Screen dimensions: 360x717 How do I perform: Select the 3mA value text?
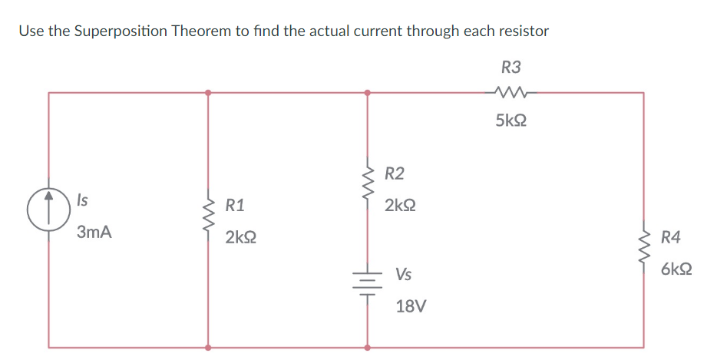[x=94, y=233]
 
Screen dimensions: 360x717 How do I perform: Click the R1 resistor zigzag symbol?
[x=207, y=220]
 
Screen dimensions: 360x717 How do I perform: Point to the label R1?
[x=235, y=205]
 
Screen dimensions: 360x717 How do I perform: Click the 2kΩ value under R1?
[x=241, y=238]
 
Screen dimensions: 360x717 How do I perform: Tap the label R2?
[x=394, y=173]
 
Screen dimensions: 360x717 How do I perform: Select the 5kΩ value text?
[x=510, y=121]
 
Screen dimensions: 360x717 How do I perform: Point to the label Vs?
[x=403, y=274]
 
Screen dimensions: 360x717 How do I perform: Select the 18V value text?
[x=410, y=306]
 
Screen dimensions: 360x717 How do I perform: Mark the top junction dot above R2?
[x=367, y=93]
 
